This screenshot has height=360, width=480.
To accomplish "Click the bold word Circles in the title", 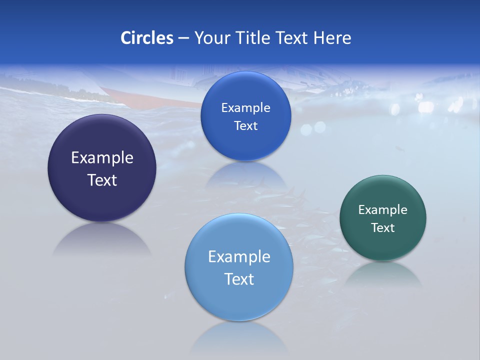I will tap(147, 38).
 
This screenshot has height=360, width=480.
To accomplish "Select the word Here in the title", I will tap(332, 38).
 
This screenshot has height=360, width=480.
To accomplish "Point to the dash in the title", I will tap(183, 38).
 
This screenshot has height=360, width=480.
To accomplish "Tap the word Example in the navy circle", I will tap(102, 158).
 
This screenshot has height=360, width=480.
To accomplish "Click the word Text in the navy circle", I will tap(102, 180).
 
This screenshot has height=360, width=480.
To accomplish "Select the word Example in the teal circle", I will tap(383, 210).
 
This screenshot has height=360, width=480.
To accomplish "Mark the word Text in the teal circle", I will tap(383, 228).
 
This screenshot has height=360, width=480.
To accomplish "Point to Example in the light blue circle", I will tap(239, 257).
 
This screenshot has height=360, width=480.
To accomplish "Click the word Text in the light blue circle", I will tap(239, 279).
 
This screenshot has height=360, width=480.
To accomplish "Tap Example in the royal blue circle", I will tap(245, 108).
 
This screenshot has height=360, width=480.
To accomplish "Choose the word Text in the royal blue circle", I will tap(245, 126).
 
